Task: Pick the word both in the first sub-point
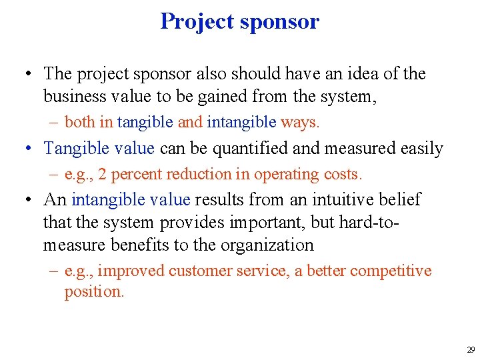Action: tap(80, 123)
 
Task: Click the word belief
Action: tap(401, 199)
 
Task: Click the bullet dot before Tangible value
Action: tap(31, 149)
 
